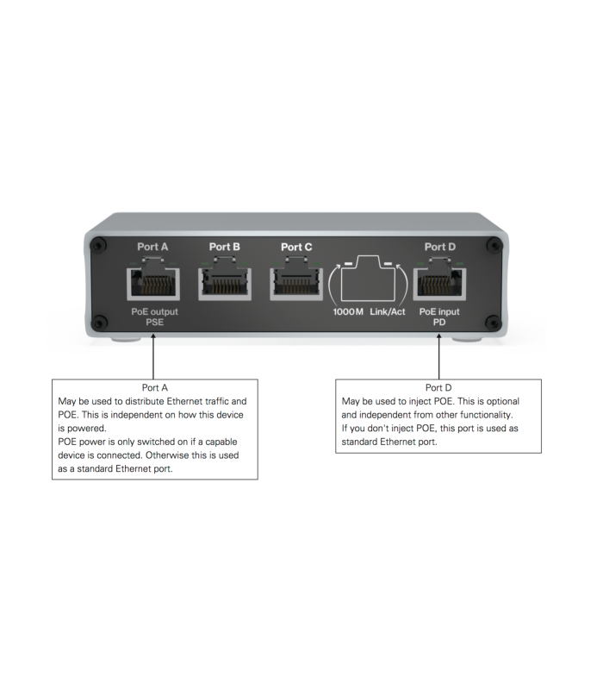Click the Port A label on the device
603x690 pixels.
click(152, 247)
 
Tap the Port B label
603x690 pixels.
click(225, 247)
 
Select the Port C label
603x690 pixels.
click(296, 247)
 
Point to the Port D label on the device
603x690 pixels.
click(439, 247)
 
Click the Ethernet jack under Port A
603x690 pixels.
click(152, 279)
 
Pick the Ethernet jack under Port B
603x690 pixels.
click(225, 279)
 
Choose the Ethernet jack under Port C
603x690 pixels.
click(296, 279)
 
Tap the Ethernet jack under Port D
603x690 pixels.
click(439, 279)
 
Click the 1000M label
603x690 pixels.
click(347, 310)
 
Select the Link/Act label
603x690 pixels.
click(388, 310)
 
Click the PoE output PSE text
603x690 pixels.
click(153, 316)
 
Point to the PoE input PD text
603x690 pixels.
click(439, 316)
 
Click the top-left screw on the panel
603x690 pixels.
click(99, 245)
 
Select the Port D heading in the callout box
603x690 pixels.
click(439, 387)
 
